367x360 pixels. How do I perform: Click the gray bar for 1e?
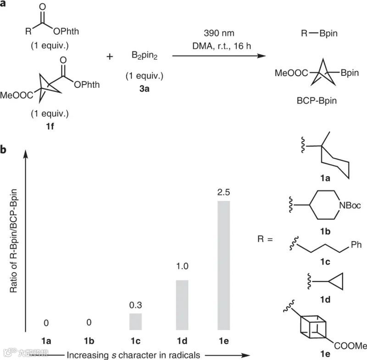point(223,266)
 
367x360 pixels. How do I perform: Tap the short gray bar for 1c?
point(135,321)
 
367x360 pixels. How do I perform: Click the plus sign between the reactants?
point(110,57)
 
